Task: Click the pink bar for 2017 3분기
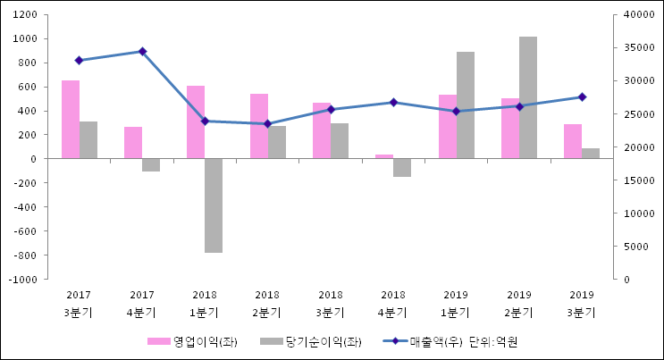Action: coord(71,120)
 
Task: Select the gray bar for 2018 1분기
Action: coord(214,205)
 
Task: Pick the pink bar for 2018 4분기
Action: coord(384,156)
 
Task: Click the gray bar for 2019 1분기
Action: coord(466,105)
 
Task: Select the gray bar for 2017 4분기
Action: coord(151,164)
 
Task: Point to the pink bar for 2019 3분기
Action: coord(573,141)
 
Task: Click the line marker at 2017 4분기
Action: coord(142,52)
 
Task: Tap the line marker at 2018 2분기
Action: coord(267,124)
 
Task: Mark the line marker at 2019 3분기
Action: coord(582,96)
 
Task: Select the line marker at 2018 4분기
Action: coord(393,102)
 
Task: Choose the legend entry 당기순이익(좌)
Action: coord(313,341)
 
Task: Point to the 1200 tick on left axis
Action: coord(23,15)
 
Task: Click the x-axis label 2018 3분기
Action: coord(331,304)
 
